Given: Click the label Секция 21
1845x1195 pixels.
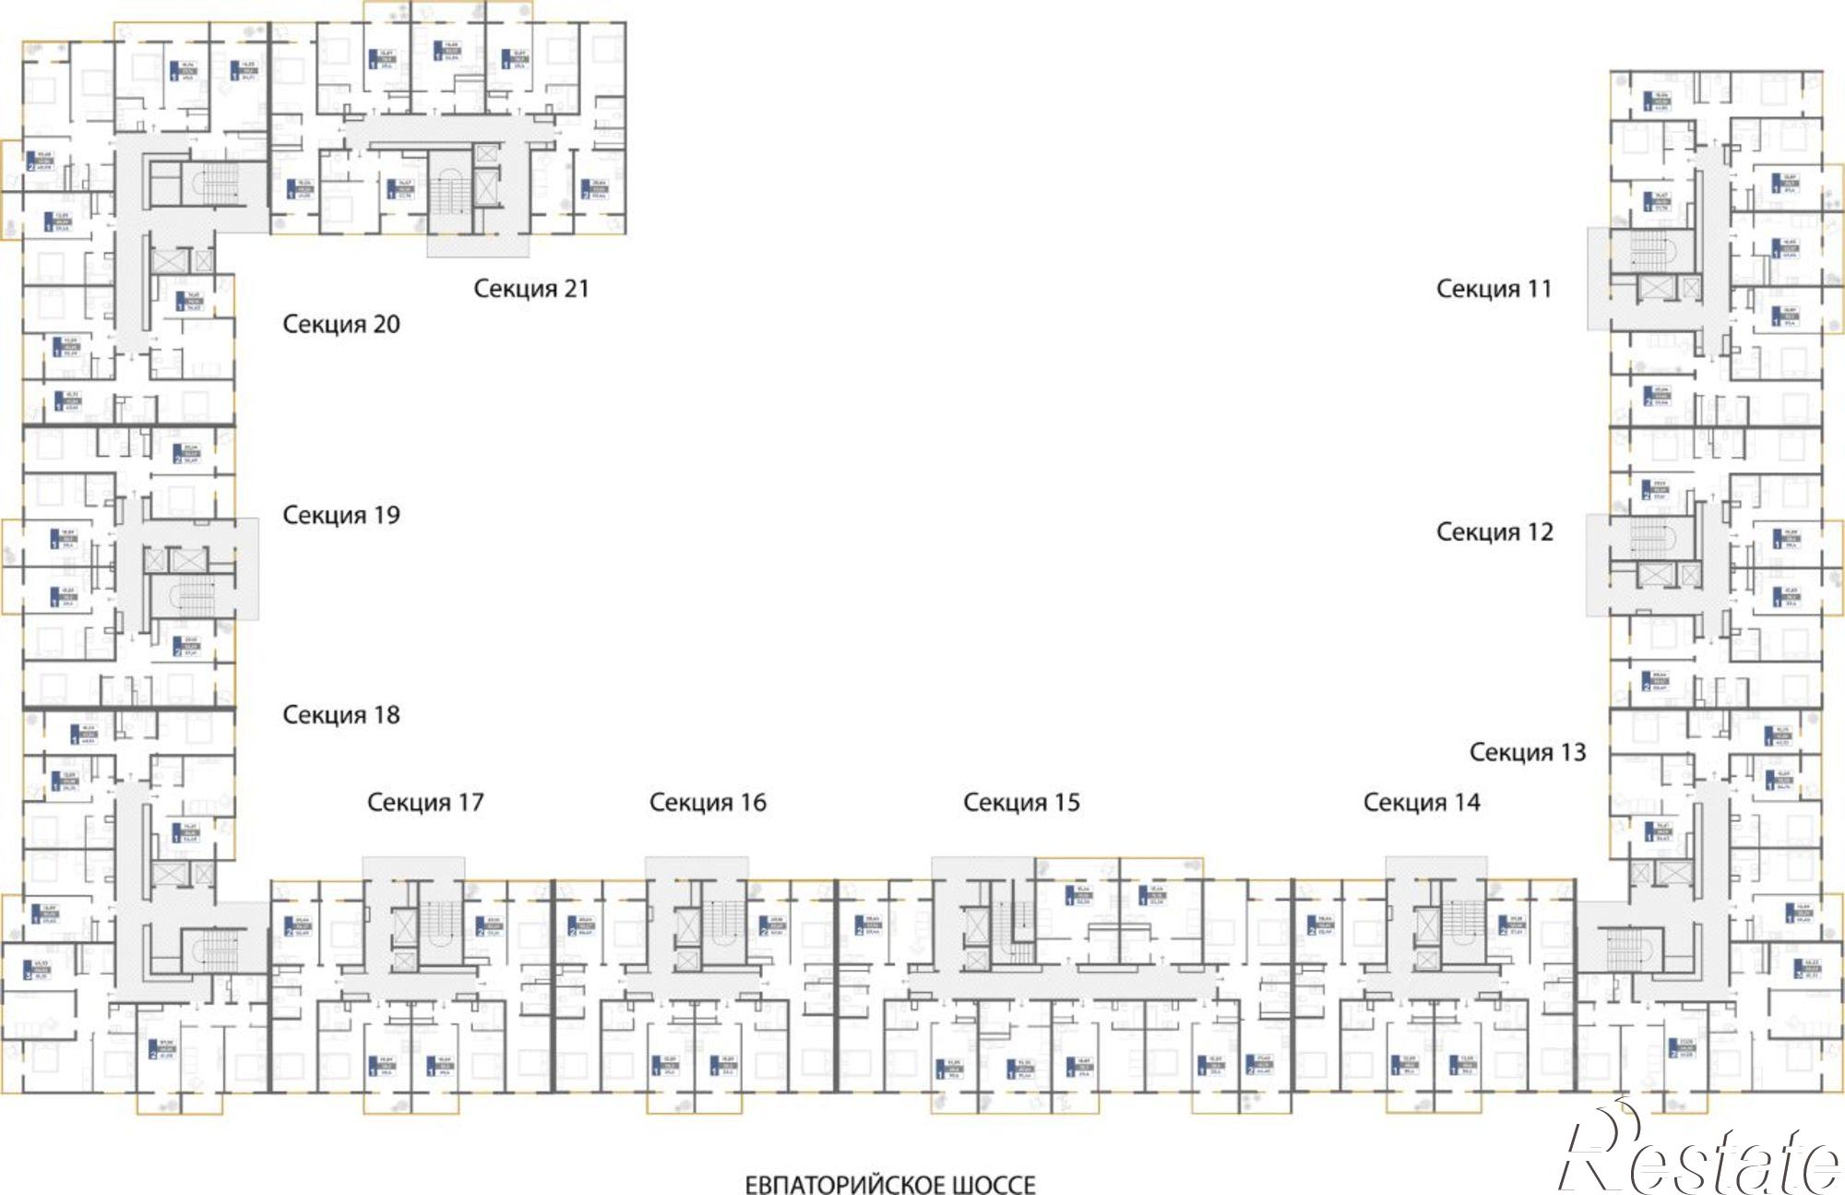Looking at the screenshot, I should tap(530, 289).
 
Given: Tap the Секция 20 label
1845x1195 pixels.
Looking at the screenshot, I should tap(340, 325).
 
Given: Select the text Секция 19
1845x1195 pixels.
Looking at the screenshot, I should tap(340, 515).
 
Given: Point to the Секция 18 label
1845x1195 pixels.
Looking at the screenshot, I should tap(340, 714).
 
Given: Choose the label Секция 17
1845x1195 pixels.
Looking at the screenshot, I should tap(425, 803).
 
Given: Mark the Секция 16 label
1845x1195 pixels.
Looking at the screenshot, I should tap(708, 803).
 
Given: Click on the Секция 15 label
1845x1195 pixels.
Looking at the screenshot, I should tap(1021, 803).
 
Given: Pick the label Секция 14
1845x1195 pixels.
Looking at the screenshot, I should tap(1422, 803).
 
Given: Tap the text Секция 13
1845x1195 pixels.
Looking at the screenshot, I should tap(1528, 753).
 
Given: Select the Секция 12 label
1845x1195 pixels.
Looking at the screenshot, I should tap(1494, 532).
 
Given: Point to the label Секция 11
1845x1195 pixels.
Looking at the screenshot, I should tap(1494, 289).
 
